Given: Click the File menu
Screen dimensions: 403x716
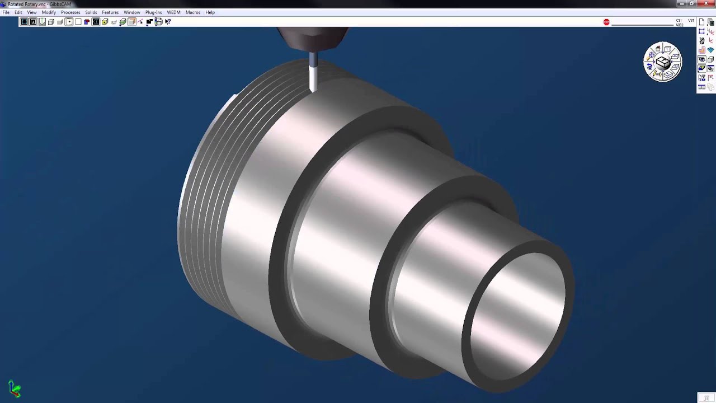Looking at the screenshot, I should coord(6,12).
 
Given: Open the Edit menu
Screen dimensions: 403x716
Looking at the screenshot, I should coord(18,12).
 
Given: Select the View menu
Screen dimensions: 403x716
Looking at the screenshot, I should coord(32,12).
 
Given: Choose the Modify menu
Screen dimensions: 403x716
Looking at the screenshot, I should coord(49,12).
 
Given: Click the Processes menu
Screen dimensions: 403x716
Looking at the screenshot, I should coord(70,12).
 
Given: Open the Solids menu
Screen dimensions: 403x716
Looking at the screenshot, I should coord(91,12).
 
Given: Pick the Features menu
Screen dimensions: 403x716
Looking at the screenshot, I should coord(110,12).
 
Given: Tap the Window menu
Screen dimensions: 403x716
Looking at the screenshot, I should coord(132,12).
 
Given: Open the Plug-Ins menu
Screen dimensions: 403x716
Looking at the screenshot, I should coord(153,12).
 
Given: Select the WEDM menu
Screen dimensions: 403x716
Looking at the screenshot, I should coord(173,12).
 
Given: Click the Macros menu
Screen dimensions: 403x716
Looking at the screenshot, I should coord(193,12).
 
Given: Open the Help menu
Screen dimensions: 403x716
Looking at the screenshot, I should coord(210,12).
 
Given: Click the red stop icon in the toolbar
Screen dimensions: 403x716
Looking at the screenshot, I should coord(606,22).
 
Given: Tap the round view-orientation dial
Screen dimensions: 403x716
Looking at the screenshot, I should coord(663,62).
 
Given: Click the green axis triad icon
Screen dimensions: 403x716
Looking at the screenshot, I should coord(15,388).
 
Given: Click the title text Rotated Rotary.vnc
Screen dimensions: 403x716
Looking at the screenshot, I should coord(27,4).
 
